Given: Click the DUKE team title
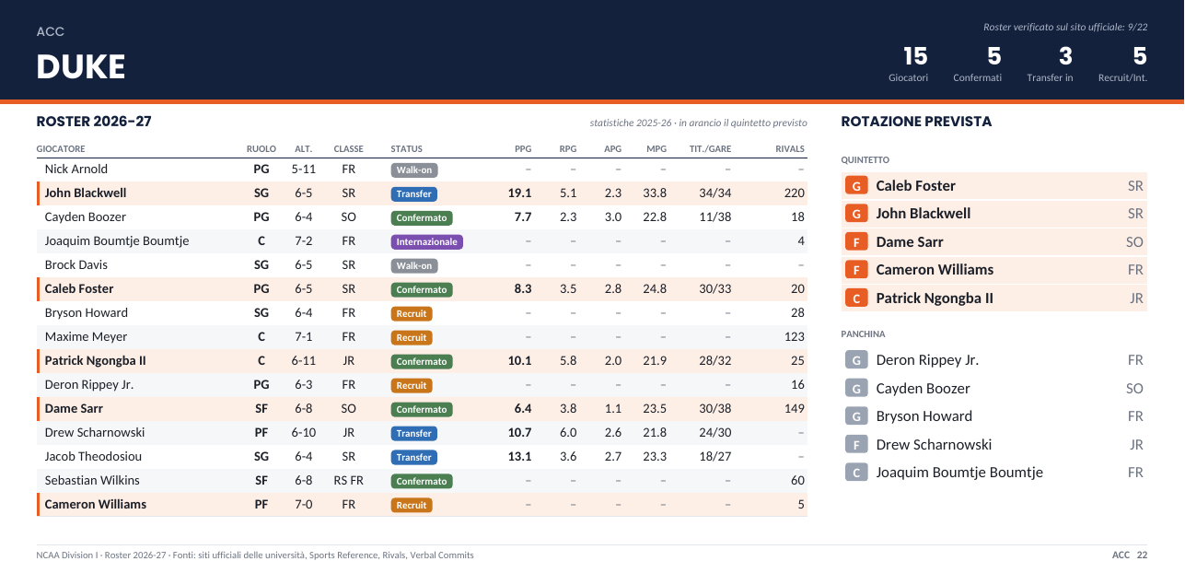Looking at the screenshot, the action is point(80,66).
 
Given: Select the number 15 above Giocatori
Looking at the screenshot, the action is point(915,56).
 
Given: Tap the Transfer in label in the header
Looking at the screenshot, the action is point(1050,77).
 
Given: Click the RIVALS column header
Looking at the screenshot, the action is point(790,149).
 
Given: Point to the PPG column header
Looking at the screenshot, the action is point(523,149).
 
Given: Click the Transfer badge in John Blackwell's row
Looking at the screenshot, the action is point(413,194).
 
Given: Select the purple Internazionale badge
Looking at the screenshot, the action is point(426,241).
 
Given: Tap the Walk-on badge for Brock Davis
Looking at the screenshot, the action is point(413,265).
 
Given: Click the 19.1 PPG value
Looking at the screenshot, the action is point(519,193).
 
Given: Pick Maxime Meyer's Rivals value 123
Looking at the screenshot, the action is point(794,337).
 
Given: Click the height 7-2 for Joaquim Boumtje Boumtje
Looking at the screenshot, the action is point(303,241).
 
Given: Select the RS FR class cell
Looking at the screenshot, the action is point(348,480).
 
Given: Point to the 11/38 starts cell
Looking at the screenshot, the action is point(714,216).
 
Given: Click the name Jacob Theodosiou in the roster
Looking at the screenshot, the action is point(93,457).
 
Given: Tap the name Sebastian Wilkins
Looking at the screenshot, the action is point(92,480).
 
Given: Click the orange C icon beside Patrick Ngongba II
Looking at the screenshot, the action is point(856,298).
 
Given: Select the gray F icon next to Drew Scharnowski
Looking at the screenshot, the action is point(856,444).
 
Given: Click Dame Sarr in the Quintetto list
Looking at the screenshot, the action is point(910,242).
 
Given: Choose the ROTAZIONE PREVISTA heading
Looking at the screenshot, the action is point(916,122).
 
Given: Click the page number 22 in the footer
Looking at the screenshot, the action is point(1142,555).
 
